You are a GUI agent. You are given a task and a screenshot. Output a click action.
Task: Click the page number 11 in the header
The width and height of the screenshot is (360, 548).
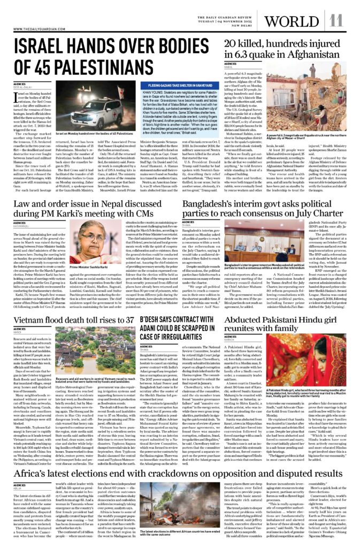[x=336, y=20]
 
